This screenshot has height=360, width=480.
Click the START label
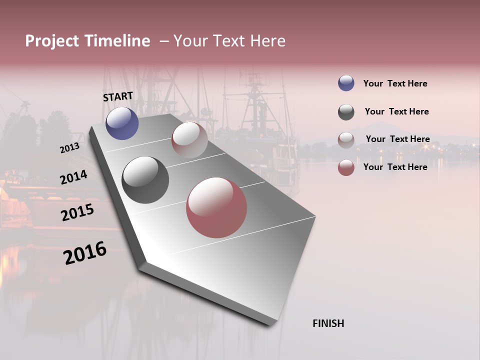pyautogui.click(x=118, y=96)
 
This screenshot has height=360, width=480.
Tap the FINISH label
pyautogui.click(x=328, y=323)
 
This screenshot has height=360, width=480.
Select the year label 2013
pyautogui.click(x=69, y=148)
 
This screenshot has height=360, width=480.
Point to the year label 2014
pyautogui.click(x=73, y=177)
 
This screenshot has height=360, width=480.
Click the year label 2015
pyautogui.click(x=77, y=212)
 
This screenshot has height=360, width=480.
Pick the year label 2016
pyautogui.click(x=85, y=252)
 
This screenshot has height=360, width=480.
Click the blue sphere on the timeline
pyautogui.click(x=122, y=123)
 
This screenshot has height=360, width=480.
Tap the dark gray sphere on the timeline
pyautogui.click(x=145, y=180)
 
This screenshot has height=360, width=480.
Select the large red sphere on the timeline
pyautogui.click(x=216, y=207)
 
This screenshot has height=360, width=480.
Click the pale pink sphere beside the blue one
pyautogui.click(x=189, y=139)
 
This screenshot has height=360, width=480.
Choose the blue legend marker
pyautogui.click(x=346, y=83)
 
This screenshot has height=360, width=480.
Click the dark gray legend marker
pyautogui.click(x=346, y=112)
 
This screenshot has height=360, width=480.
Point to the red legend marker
pyautogui.click(x=346, y=167)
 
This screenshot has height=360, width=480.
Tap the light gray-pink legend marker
pyautogui.click(x=346, y=140)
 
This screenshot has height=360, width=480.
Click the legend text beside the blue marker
pyautogui.click(x=395, y=83)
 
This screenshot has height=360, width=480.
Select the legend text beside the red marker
pyautogui.click(x=395, y=167)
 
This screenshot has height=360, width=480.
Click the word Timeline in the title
pyautogui.click(x=117, y=41)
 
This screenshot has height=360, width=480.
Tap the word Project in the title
pyautogui.click(x=50, y=41)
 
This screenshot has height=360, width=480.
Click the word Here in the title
pyautogui.click(x=267, y=41)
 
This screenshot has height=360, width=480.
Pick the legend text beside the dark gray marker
pyautogui.click(x=396, y=111)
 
